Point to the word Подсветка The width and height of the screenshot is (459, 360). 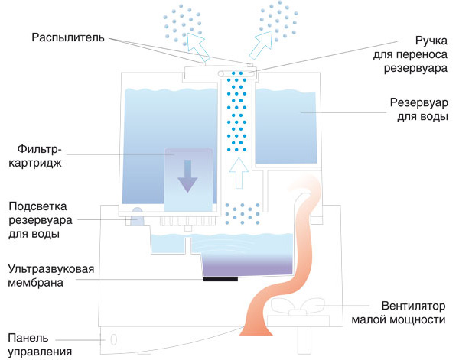coord(37,206)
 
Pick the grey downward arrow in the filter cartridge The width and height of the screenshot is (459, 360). coord(187,177)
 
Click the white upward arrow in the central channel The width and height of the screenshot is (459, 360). coord(238,174)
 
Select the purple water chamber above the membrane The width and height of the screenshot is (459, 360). coord(246,263)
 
